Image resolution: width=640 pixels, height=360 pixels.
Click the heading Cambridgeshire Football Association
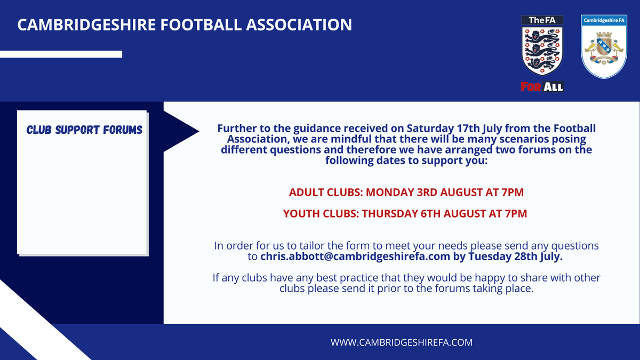point(185,25)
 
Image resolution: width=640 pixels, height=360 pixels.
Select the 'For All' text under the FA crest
point(542,86)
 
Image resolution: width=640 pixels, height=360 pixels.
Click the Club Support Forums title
point(84,130)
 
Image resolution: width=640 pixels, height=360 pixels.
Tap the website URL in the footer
point(402,342)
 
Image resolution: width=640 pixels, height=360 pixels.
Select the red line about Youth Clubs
point(405,214)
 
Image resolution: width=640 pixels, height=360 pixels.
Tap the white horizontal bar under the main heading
point(61,54)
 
